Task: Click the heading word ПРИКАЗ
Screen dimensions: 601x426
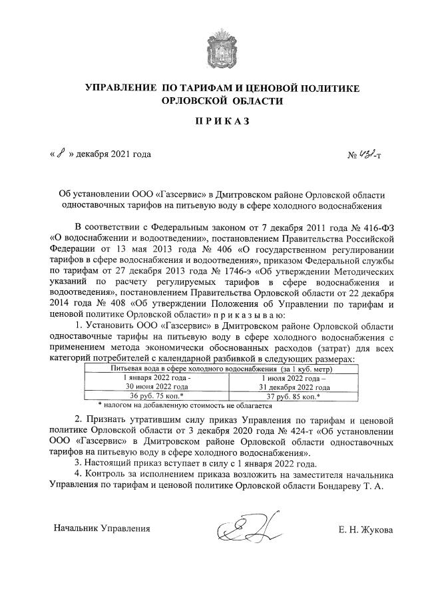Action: coord(213,123)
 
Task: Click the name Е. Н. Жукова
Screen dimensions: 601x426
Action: coord(365,530)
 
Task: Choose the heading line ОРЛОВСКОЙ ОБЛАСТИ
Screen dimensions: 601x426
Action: coord(213,100)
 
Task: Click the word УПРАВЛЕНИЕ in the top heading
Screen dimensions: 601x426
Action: coord(118,88)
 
